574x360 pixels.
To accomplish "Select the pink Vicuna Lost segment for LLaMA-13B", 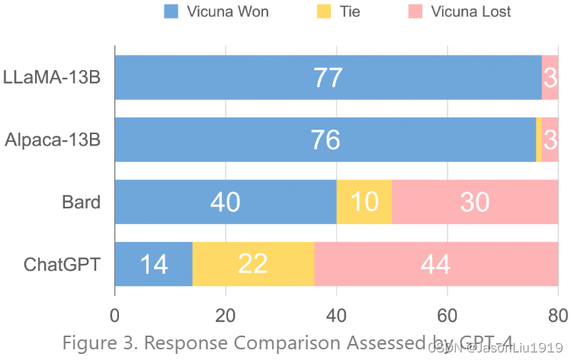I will point(550,78).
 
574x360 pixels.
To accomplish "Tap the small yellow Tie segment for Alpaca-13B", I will point(539,140).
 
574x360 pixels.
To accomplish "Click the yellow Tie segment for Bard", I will point(364,202).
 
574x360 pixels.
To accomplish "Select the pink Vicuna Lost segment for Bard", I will point(475,202).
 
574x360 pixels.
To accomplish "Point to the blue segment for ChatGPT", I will point(153,264).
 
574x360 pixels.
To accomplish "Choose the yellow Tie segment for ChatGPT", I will point(253,264).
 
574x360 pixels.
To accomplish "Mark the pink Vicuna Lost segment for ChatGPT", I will point(436,264).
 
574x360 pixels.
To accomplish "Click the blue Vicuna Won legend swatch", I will point(172,11).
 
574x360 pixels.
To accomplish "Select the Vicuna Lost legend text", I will point(470,11).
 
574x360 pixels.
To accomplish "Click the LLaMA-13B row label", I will point(52,78).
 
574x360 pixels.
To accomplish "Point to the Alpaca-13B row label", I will point(53,140).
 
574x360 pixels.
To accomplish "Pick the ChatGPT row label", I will point(63,265).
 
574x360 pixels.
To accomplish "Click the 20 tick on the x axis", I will point(226,315).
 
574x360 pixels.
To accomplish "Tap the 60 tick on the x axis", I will point(447,315).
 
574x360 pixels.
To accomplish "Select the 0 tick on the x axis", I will point(115,315).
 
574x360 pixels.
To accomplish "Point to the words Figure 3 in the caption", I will point(95,342).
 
